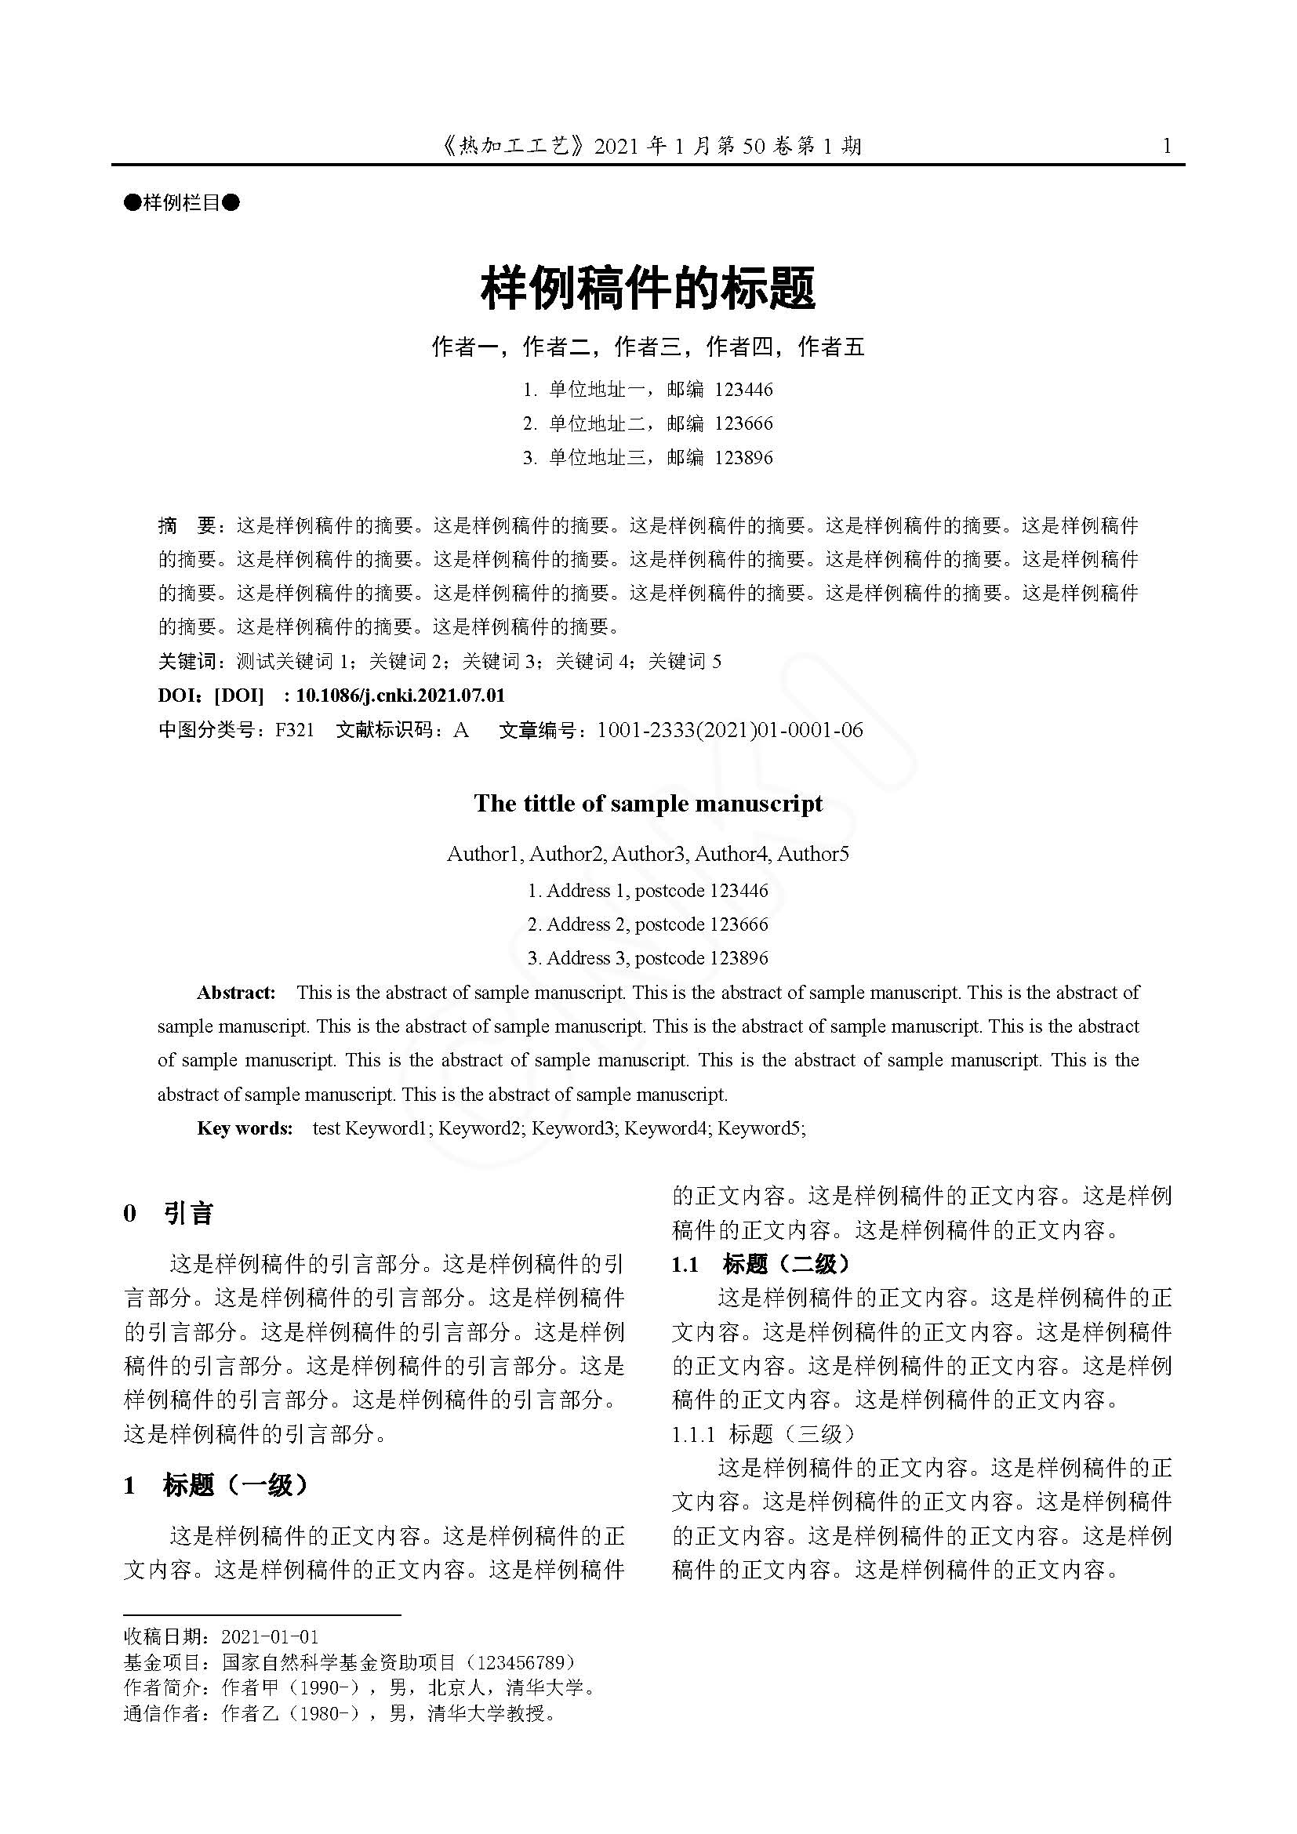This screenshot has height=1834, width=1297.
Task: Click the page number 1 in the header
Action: point(1167,146)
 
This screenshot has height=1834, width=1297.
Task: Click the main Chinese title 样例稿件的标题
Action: point(648,289)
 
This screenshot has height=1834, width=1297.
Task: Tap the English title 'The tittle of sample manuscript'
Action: point(648,804)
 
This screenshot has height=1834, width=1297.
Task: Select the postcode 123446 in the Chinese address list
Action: point(743,390)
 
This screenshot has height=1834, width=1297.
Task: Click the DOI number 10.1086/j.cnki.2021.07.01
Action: point(400,695)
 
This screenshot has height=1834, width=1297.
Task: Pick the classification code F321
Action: point(295,730)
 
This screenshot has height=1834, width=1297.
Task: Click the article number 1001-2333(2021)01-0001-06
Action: point(730,730)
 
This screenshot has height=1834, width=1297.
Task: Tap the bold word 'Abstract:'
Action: point(236,993)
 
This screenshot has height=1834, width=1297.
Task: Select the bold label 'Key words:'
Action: point(245,1128)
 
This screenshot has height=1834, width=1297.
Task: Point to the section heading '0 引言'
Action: point(169,1214)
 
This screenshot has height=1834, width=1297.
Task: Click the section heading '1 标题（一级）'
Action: point(216,1486)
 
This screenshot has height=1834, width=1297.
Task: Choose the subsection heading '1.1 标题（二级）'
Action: point(761,1264)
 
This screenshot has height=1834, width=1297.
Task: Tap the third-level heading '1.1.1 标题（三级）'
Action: point(763,1434)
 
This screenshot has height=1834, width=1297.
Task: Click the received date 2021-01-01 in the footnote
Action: point(270,1636)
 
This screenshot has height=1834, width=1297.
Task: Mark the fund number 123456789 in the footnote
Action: point(525,1662)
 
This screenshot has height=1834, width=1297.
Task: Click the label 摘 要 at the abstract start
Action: point(187,525)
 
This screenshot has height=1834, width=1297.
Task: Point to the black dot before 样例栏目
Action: point(132,203)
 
